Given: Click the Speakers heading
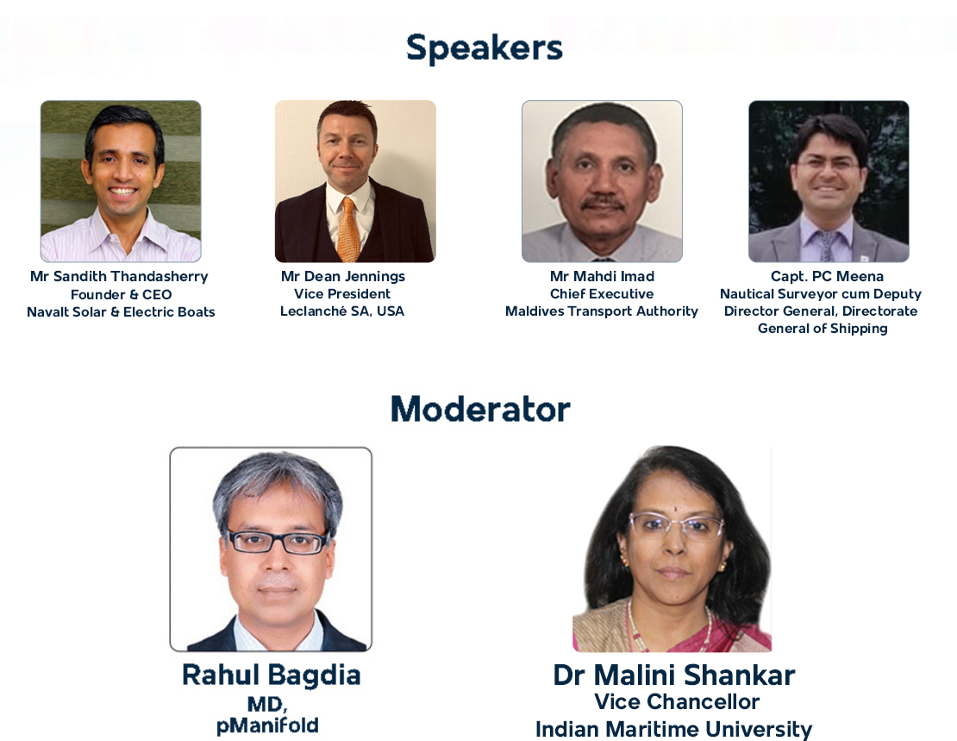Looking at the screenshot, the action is tap(484, 48).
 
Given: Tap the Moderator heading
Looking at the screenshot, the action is tap(480, 409).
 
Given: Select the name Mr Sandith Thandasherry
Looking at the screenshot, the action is tap(119, 277).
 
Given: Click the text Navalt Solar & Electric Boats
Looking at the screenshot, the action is tap(121, 311).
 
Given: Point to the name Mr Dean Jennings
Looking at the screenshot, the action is tap(343, 277).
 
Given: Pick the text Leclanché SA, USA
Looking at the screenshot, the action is tap(342, 311).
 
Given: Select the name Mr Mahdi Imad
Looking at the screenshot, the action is tap(602, 276).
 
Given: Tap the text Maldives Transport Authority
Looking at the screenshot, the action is tap(602, 311).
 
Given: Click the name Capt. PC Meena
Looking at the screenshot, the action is tap(827, 276).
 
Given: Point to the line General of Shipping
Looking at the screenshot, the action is tap(823, 329).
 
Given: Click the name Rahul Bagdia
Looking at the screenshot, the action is tap(271, 675).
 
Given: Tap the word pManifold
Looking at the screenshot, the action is tap(267, 725).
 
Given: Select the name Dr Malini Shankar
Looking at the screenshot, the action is tap(674, 675).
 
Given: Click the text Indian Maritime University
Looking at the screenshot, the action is tap(674, 730).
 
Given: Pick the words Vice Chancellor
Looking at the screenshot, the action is tap(677, 702).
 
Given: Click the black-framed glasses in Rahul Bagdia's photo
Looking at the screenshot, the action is tap(278, 541).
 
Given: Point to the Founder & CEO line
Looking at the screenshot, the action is tap(121, 294).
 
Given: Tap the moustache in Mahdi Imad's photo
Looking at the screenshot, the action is tap(603, 203).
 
